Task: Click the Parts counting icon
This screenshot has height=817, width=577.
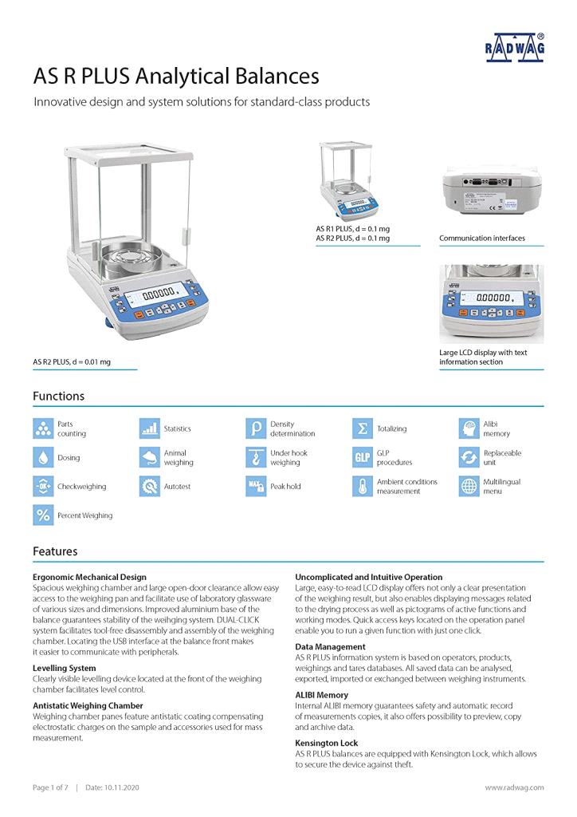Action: [43, 429]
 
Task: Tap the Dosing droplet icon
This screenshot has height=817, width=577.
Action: [43, 458]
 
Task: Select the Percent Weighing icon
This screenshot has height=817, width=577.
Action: [43, 515]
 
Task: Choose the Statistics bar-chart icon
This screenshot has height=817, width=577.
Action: [149, 429]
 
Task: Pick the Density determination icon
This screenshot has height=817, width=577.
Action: [256, 429]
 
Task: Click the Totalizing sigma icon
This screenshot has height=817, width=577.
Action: [363, 429]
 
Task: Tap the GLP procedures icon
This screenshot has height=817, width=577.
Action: [363, 458]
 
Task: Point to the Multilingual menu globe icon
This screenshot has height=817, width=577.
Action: [469, 487]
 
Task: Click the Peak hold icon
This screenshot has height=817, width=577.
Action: [256, 487]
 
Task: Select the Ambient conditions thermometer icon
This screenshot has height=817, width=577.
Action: [363, 487]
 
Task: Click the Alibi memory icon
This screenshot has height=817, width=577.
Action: [469, 429]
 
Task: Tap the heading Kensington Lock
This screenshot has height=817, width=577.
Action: [327, 743]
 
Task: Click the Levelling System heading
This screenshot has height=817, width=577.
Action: [65, 668]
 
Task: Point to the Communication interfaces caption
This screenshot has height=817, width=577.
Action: [482, 238]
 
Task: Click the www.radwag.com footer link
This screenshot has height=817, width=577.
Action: [515, 787]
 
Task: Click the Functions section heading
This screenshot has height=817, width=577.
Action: [58, 396]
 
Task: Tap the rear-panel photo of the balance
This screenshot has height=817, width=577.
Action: [491, 192]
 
